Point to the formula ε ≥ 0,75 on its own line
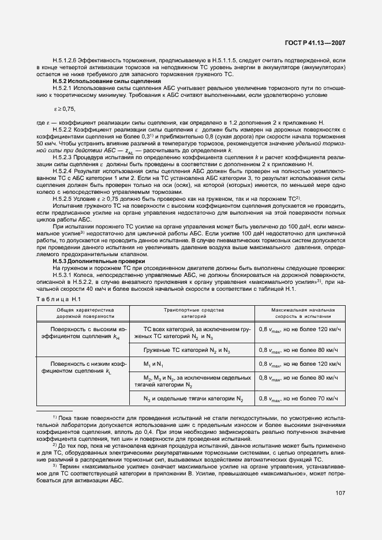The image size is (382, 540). pos(65,108)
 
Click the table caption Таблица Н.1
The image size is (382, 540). pos(60,298)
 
